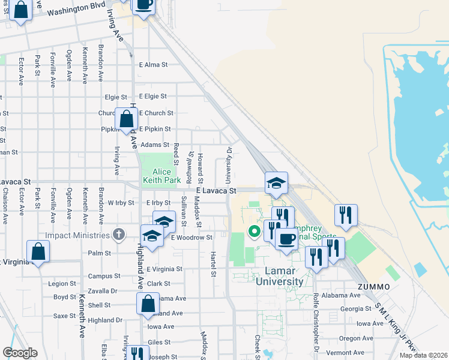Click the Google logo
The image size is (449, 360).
[20, 353]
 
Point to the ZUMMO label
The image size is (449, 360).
[374, 287]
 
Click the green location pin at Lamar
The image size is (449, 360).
[255, 230]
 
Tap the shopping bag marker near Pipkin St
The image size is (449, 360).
[127, 119]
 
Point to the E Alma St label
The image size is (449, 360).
[152, 65]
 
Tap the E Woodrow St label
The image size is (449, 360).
[191, 238]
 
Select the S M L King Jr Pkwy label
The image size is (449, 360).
[396, 332]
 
